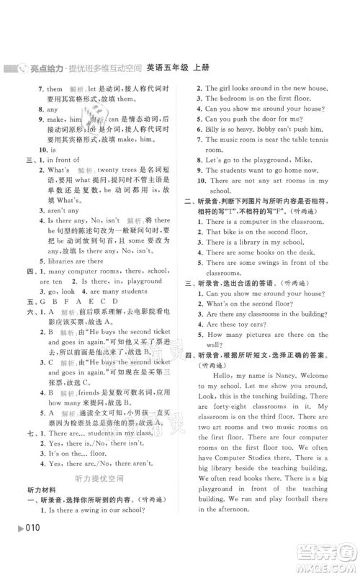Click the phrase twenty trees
point(121,160)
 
